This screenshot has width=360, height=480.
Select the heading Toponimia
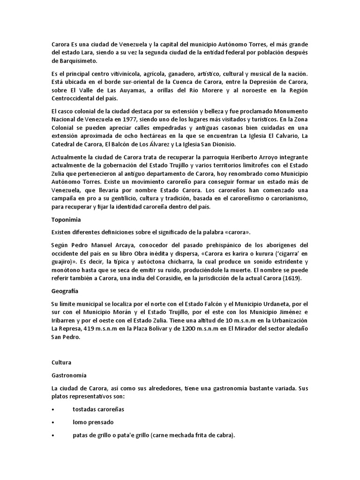tap(66, 219)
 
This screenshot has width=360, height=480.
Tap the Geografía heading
tap(66, 291)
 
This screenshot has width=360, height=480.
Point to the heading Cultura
tap(62, 362)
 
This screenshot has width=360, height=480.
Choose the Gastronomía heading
tap(69, 375)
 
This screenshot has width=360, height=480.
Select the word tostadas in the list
tap(86, 409)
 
